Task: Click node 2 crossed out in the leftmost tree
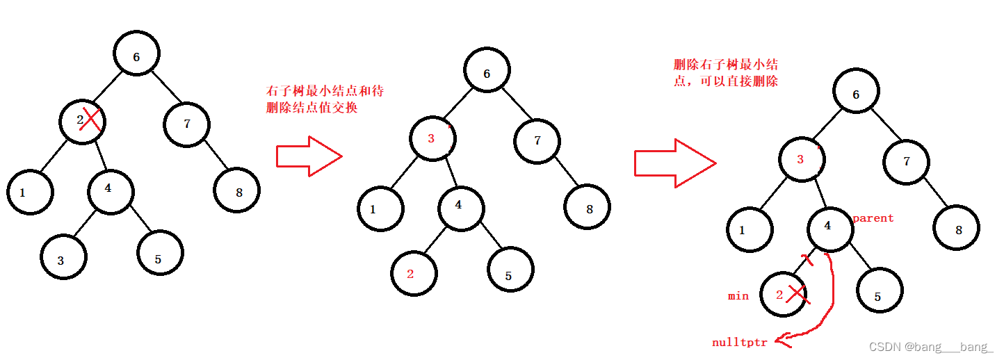81,122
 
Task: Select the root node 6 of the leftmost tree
136,56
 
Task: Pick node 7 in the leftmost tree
186,124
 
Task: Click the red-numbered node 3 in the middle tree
431,138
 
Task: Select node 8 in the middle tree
588,206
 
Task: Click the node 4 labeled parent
829,227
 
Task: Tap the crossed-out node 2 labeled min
783,295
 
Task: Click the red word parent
873,218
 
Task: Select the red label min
738,296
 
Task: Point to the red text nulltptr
740,343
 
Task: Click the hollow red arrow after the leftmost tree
309,156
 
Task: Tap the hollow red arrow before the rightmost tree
674,162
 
